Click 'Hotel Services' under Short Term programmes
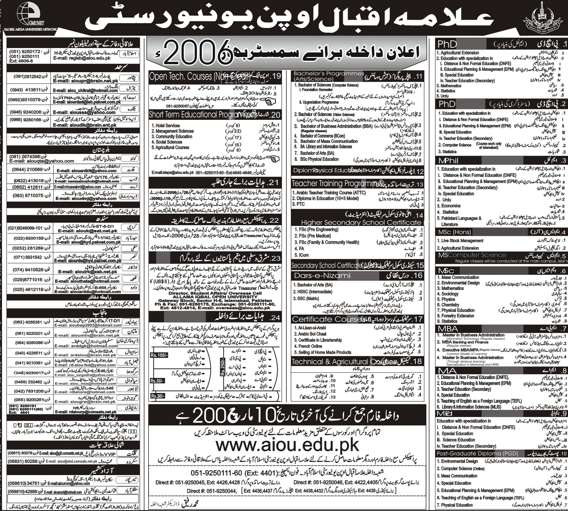coord(165,126)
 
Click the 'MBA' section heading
coord(447,328)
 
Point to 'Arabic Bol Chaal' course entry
coord(310,334)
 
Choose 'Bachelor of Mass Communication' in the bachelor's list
coord(329,141)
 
